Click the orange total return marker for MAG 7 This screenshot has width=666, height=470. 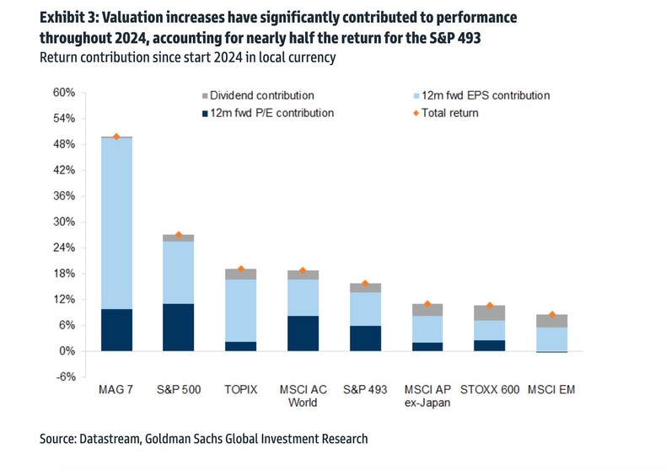[x=116, y=136]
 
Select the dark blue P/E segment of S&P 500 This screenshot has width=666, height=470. [x=179, y=327]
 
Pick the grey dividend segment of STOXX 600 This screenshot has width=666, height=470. [x=489, y=312]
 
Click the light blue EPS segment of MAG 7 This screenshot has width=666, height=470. [x=116, y=223]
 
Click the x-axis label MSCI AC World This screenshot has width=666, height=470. [x=303, y=397]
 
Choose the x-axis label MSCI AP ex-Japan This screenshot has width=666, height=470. [x=427, y=397]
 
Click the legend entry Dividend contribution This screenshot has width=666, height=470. [x=261, y=95]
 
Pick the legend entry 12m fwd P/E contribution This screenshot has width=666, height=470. [x=270, y=113]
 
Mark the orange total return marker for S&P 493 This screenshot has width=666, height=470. [x=365, y=284]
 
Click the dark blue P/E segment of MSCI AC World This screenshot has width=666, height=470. [x=303, y=333]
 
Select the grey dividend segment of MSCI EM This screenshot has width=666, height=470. [x=551, y=321]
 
